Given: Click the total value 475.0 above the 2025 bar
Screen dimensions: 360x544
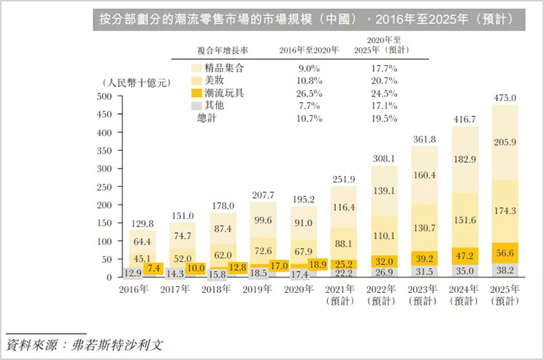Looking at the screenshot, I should pyautogui.click(x=505, y=97).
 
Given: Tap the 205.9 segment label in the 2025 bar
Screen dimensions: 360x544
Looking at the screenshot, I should pyautogui.click(x=505, y=142).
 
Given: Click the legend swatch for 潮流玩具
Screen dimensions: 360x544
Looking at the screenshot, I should pyautogui.click(x=195, y=93).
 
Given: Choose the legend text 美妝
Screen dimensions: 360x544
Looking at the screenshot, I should pyautogui.click(x=215, y=80).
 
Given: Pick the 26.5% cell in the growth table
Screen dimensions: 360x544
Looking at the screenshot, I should pyautogui.click(x=309, y=93).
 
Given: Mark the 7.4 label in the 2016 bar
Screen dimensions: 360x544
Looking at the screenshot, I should pyautogui.click(x=153, y=268).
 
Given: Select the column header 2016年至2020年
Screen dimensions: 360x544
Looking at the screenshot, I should pyautogui.click(x=309, y=50).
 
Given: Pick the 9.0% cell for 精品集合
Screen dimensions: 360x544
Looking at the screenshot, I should pyautogui.click(x=309, y=68).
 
